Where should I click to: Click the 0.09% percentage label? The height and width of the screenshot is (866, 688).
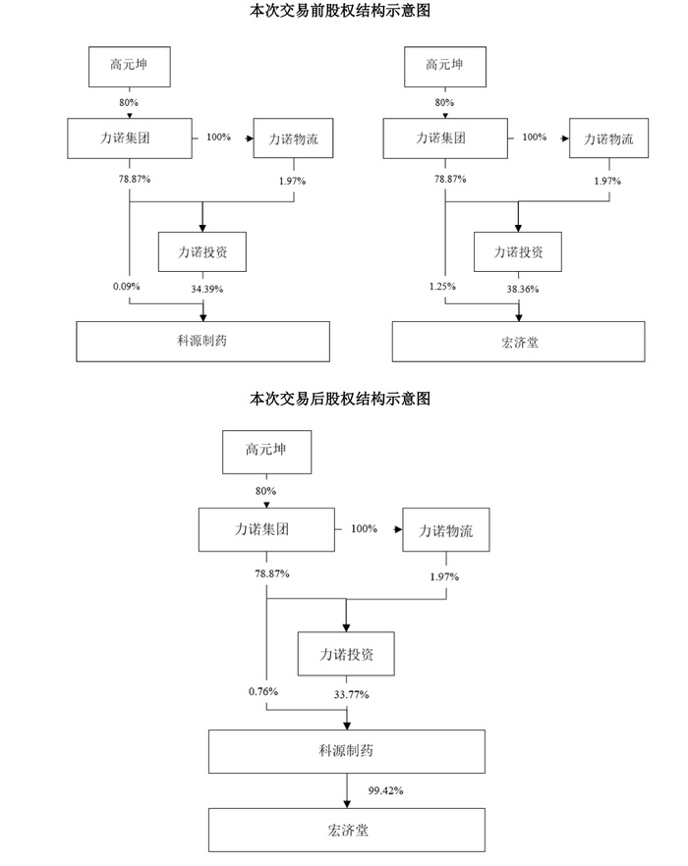127,286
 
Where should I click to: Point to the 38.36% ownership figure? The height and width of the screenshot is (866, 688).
520,288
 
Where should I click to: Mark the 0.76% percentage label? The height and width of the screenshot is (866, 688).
263,691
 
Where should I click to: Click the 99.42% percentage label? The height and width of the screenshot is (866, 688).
386,789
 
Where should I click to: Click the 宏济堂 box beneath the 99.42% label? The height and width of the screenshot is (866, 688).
346,830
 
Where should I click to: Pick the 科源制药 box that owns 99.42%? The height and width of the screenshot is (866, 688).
346,751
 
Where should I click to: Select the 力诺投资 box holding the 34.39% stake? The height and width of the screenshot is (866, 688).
202,251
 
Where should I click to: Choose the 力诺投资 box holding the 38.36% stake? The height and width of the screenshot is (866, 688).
518,251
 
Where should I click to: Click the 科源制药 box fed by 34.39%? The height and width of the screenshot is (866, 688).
202,341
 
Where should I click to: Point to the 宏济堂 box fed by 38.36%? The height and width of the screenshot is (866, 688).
518,341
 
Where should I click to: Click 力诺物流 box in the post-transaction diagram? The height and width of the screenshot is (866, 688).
445,531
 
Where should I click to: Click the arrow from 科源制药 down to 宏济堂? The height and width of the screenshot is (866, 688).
346,789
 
